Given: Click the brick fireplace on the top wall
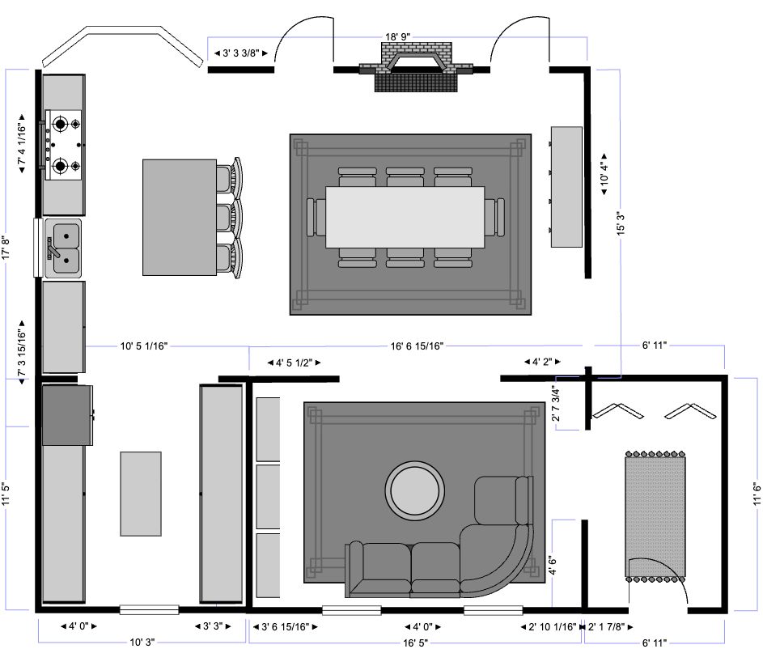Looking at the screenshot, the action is tap(416, 66).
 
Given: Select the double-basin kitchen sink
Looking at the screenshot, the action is tap(63, 248).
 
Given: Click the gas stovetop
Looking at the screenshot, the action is tap(63, 145).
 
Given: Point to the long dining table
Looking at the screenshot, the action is tap(405, 217).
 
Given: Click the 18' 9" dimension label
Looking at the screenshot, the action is tap(397, 36).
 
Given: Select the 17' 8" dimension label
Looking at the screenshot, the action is tap(6, 248).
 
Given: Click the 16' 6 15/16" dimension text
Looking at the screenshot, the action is tap(417, 346).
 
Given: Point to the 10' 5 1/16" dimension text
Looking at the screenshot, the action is tap(143, 346).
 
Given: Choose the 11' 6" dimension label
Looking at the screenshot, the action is tap(757, 494).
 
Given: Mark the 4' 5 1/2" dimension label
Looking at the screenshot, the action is tap(294, 363).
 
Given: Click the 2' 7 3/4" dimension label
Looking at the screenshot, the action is tap(556, 403).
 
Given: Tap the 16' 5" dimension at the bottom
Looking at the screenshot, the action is tap(415, 643).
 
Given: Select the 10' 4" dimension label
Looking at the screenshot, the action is tap(604, 174).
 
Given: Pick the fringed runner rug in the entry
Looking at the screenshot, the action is tap(655, 516).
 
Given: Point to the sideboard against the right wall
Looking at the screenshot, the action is tap(566, 187).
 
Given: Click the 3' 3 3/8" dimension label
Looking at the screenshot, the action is tap(241, 53).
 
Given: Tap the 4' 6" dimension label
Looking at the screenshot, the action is tap(553, 565).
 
